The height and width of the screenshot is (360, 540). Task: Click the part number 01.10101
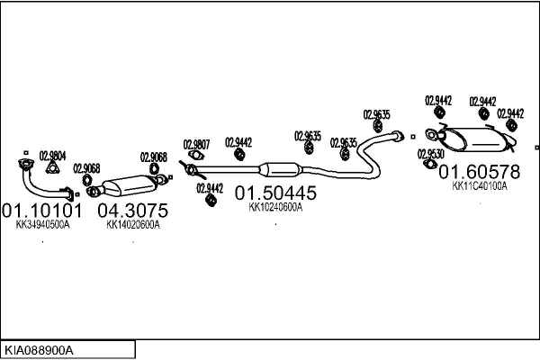[x=42, y=210]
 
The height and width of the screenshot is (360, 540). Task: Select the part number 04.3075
[x=133, y=210]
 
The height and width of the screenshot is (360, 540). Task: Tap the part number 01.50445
[x=275, y=193]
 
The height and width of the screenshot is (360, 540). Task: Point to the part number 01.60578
[x=480, y=172]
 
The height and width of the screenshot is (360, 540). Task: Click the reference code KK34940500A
[x=42, y=225]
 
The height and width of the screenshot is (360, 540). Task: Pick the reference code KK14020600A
[x=133, y=225]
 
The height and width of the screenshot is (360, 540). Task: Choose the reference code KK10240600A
[x=275, y=207]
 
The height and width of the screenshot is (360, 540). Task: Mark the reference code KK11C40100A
[x=480, y=186]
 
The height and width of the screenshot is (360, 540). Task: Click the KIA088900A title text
[x=39, y=350]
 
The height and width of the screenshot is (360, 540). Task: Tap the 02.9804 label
[x=53, y=156]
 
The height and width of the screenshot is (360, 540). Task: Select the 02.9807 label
[x=196, y=144]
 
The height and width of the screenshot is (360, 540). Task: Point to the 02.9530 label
[x=431, y=154]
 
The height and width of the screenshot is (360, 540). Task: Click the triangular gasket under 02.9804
[x=52, y=167]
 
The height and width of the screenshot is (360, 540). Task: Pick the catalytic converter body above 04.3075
[x=129, y=186]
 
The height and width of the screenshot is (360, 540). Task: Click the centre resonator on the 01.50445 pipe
[x=280, y=169]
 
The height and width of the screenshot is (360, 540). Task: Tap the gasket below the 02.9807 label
[x=196, y=156]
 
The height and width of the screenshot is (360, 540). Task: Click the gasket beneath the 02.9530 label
[x=430, y=164]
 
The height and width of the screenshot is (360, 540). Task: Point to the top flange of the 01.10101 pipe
[x=25, y=164]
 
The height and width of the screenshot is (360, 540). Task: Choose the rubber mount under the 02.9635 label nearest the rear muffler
[x=378, y=126]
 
